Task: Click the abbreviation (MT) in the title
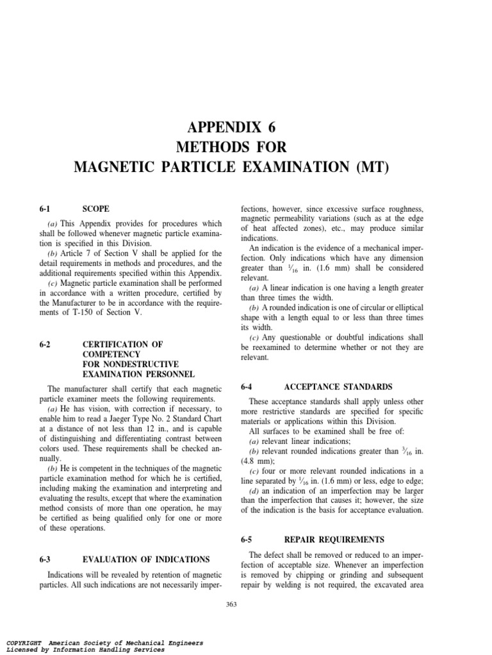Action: click(x=367, y=168)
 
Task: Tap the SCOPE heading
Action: click(x=96, y=209)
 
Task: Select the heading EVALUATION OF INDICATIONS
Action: click(x=146, y=559)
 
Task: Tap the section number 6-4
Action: click(x=248, y=386)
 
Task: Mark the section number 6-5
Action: click(x=248, y=539)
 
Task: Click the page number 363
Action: click(x=231, y=604)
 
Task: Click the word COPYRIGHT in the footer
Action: click(x=24, y=643)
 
